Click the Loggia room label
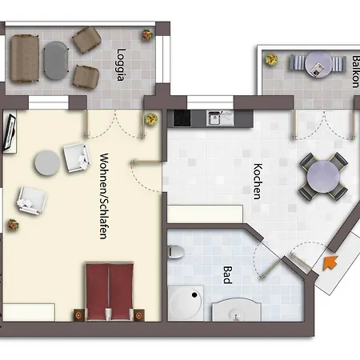pyautogui.click(x=121, y=65)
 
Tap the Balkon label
pyautogui.click(x=356, y=71)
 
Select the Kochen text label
pyautogui.click(x=258, y=182)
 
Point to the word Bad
pyautogui.click(x=227, y=274)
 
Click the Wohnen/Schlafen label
pyautogui.click(x=104, y=196)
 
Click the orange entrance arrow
pyautogui.click(x=330, y=262)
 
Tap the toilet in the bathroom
pyautogui.click(x=176, y=251)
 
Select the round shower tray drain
pyautogui.click(x=194, y=295)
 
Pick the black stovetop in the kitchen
pyautogui.click(x=182, y=118)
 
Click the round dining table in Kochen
pyautogui.click(x=323, y=176)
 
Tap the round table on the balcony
pyautogui.click(x=318, y=64)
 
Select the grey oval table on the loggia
pyautogui.click(x=56, y=61)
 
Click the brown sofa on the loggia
pyautogui.click(x=25, y=58)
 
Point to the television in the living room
pyautogui.click(x=10, y=132)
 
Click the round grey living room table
pyautogui.click(x=47, y=163)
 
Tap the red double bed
pyautogui.click(x=110, y=291)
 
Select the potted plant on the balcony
pyautogui.click(x=271, y=59)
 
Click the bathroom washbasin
pyautogui.click(x=237, y=310)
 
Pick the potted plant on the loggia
pyautogui.click(x=147, y=35)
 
